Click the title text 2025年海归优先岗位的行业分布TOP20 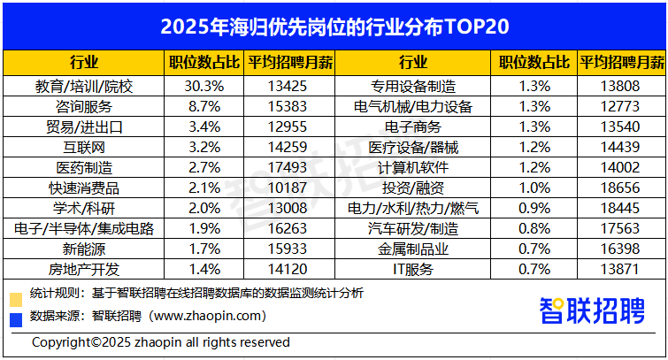pos(334,26)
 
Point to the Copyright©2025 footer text pos(160,341)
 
